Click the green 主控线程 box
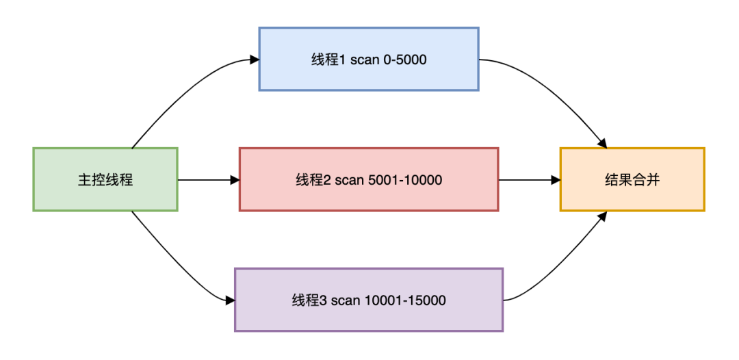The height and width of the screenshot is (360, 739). tap(105, 180)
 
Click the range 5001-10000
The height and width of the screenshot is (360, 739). tap(404, 180)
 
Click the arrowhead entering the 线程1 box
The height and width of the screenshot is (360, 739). tap(255, 60)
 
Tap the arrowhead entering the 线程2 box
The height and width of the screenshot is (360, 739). tap(235, 180)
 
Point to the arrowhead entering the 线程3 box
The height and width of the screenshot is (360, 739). tap(230, 300)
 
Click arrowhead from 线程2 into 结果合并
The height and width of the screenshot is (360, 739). tap(556, 180)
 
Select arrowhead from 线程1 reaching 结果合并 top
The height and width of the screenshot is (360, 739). tap(603, 144)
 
